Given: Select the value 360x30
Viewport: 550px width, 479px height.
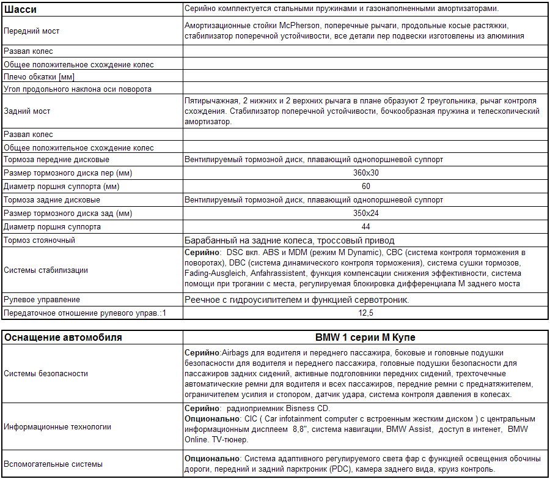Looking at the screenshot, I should (366, 173).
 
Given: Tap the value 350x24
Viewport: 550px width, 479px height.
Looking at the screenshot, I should (366, 214).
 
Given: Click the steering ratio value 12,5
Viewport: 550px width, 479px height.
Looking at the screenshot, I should (366, 313).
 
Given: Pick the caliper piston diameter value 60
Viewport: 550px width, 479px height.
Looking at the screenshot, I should (366, 186).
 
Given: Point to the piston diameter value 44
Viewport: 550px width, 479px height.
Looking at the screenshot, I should (366, 227).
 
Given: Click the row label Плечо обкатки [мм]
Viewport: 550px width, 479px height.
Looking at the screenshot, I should (39, 76).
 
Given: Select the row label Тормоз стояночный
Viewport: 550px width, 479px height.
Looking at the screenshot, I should (40, 240).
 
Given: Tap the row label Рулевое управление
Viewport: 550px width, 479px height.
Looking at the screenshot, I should (42, 300).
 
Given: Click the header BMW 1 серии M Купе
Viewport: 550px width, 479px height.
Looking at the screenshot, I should (366, 338).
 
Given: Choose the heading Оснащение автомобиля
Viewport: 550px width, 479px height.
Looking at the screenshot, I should (63, 338).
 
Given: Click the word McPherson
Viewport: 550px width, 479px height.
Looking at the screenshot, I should (301, 26).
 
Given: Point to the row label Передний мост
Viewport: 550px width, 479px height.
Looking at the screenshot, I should (32, 31).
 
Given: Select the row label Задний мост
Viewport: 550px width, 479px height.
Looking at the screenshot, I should (27, 111).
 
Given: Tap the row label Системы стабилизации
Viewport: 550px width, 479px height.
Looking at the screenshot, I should (46, 270).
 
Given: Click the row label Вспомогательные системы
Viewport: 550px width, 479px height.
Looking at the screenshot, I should (53, 464).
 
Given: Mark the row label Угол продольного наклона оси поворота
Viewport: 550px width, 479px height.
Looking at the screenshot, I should (78, 89).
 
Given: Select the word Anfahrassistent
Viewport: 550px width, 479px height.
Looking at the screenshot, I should (277, 273).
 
